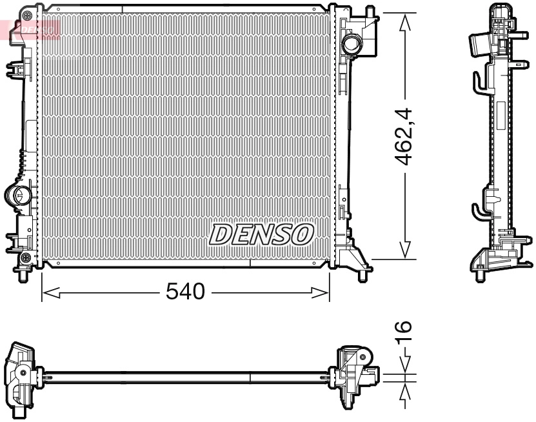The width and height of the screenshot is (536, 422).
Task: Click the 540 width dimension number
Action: click(x=185, y=292)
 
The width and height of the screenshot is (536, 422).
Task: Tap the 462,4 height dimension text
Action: click(x=404, y=136)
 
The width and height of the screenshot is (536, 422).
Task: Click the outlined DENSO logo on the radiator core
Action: click(x=261, y=235)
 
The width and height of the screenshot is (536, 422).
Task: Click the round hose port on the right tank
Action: click(x=353, y=45)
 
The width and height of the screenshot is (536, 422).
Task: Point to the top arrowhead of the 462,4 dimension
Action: click(x=405, y=22)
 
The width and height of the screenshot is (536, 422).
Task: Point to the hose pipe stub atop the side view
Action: click(x=477, y=45)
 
